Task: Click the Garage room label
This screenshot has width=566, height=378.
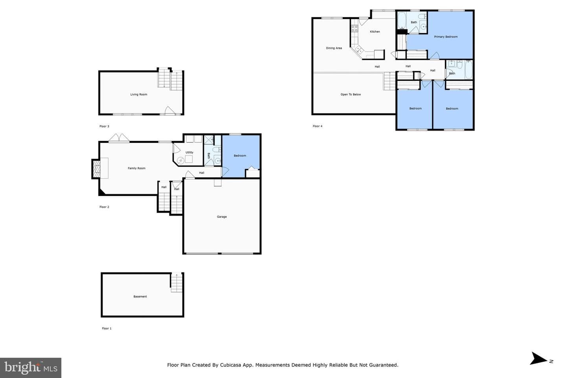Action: click(222, 217)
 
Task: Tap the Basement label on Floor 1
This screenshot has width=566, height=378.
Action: click(140, 296)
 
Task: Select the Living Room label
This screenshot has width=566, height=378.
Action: click(138, 94)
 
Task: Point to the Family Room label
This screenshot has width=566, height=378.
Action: click(136, 168)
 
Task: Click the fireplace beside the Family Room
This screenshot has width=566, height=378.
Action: click(97, 169)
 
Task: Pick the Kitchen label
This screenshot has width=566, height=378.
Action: click(375, 31)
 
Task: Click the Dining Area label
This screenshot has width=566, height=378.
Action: click(334, 48)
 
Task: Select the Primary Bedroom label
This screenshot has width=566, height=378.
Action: click(446, 37)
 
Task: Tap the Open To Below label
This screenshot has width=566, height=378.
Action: click(351, 94)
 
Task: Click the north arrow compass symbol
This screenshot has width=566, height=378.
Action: click(539, 358)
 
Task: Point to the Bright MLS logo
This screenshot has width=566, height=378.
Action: click(31, 368)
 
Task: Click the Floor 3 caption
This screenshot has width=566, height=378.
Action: click(104, 126)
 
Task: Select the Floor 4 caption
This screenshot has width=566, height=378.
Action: click(317, 126)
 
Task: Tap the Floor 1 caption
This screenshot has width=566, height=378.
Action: click(107, 328)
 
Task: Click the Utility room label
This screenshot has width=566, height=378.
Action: click(189, 152)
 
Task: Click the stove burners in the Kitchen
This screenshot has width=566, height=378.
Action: click(355, 28)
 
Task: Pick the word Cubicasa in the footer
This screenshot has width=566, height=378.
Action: click(231, 365)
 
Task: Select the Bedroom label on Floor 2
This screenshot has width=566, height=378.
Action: click(240, 156)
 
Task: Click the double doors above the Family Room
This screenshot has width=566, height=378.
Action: click(119, 137)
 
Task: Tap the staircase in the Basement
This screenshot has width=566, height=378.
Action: click(176, 283)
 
